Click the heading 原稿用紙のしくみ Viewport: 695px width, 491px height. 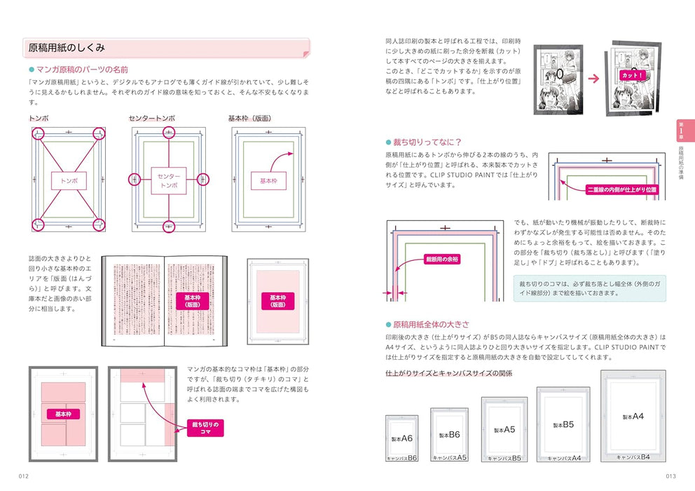click(67, 48)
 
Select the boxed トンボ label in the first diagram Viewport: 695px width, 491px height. click(69, 180)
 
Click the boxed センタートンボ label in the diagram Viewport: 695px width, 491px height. click(168, 180)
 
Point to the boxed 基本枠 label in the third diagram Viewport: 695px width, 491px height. click(268, 180)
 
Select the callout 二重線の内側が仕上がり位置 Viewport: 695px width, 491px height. click(622, 189)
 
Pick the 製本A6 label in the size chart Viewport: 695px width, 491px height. click(401, 438)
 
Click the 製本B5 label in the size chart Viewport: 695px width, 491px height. click(563, 424)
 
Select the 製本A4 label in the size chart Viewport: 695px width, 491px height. click(633, 416)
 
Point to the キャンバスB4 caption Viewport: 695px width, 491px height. click(633, 457)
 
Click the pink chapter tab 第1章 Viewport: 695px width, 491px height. click(682, 130)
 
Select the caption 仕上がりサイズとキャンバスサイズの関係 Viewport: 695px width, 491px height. click(448, 373)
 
